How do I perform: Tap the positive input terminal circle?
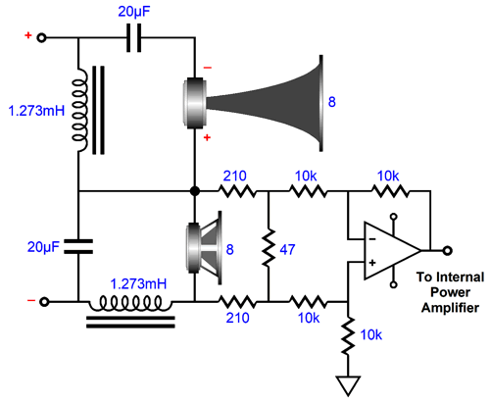41,38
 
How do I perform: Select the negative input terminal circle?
44,302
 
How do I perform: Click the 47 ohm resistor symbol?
269,248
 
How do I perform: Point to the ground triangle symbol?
348,385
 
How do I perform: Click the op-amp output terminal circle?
448,251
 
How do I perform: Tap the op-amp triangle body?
392,251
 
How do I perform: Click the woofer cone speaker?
204,247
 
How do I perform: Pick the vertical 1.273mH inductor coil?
80,110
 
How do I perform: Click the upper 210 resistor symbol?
237,191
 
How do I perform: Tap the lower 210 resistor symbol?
237,302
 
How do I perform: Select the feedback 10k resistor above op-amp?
390,191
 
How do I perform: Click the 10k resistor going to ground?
348,335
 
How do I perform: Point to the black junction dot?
195,191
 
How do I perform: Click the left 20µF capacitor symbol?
78,246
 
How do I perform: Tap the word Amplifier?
450,308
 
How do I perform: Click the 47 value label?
287,250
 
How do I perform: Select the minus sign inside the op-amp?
372,239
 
